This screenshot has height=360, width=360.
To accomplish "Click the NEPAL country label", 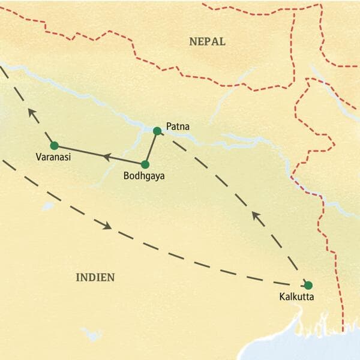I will point(207,41).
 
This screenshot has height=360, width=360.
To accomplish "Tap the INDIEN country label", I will point(95,277).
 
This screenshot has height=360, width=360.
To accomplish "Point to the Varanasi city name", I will point(53,159).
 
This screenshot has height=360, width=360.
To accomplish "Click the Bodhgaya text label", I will point(143,176).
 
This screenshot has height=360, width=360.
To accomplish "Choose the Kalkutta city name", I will point(297,296).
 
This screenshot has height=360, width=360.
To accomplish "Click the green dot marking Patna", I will point(157,131).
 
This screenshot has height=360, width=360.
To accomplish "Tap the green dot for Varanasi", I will point(54,145).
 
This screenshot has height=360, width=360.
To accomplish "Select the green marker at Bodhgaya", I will point(145,164).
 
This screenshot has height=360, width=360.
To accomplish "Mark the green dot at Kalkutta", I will point(308,285).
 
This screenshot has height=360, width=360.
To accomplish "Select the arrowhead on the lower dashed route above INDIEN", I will point(107,226).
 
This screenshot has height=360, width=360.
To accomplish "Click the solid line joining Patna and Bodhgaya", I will point(151,147).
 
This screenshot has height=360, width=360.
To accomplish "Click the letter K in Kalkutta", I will point(283,296).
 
